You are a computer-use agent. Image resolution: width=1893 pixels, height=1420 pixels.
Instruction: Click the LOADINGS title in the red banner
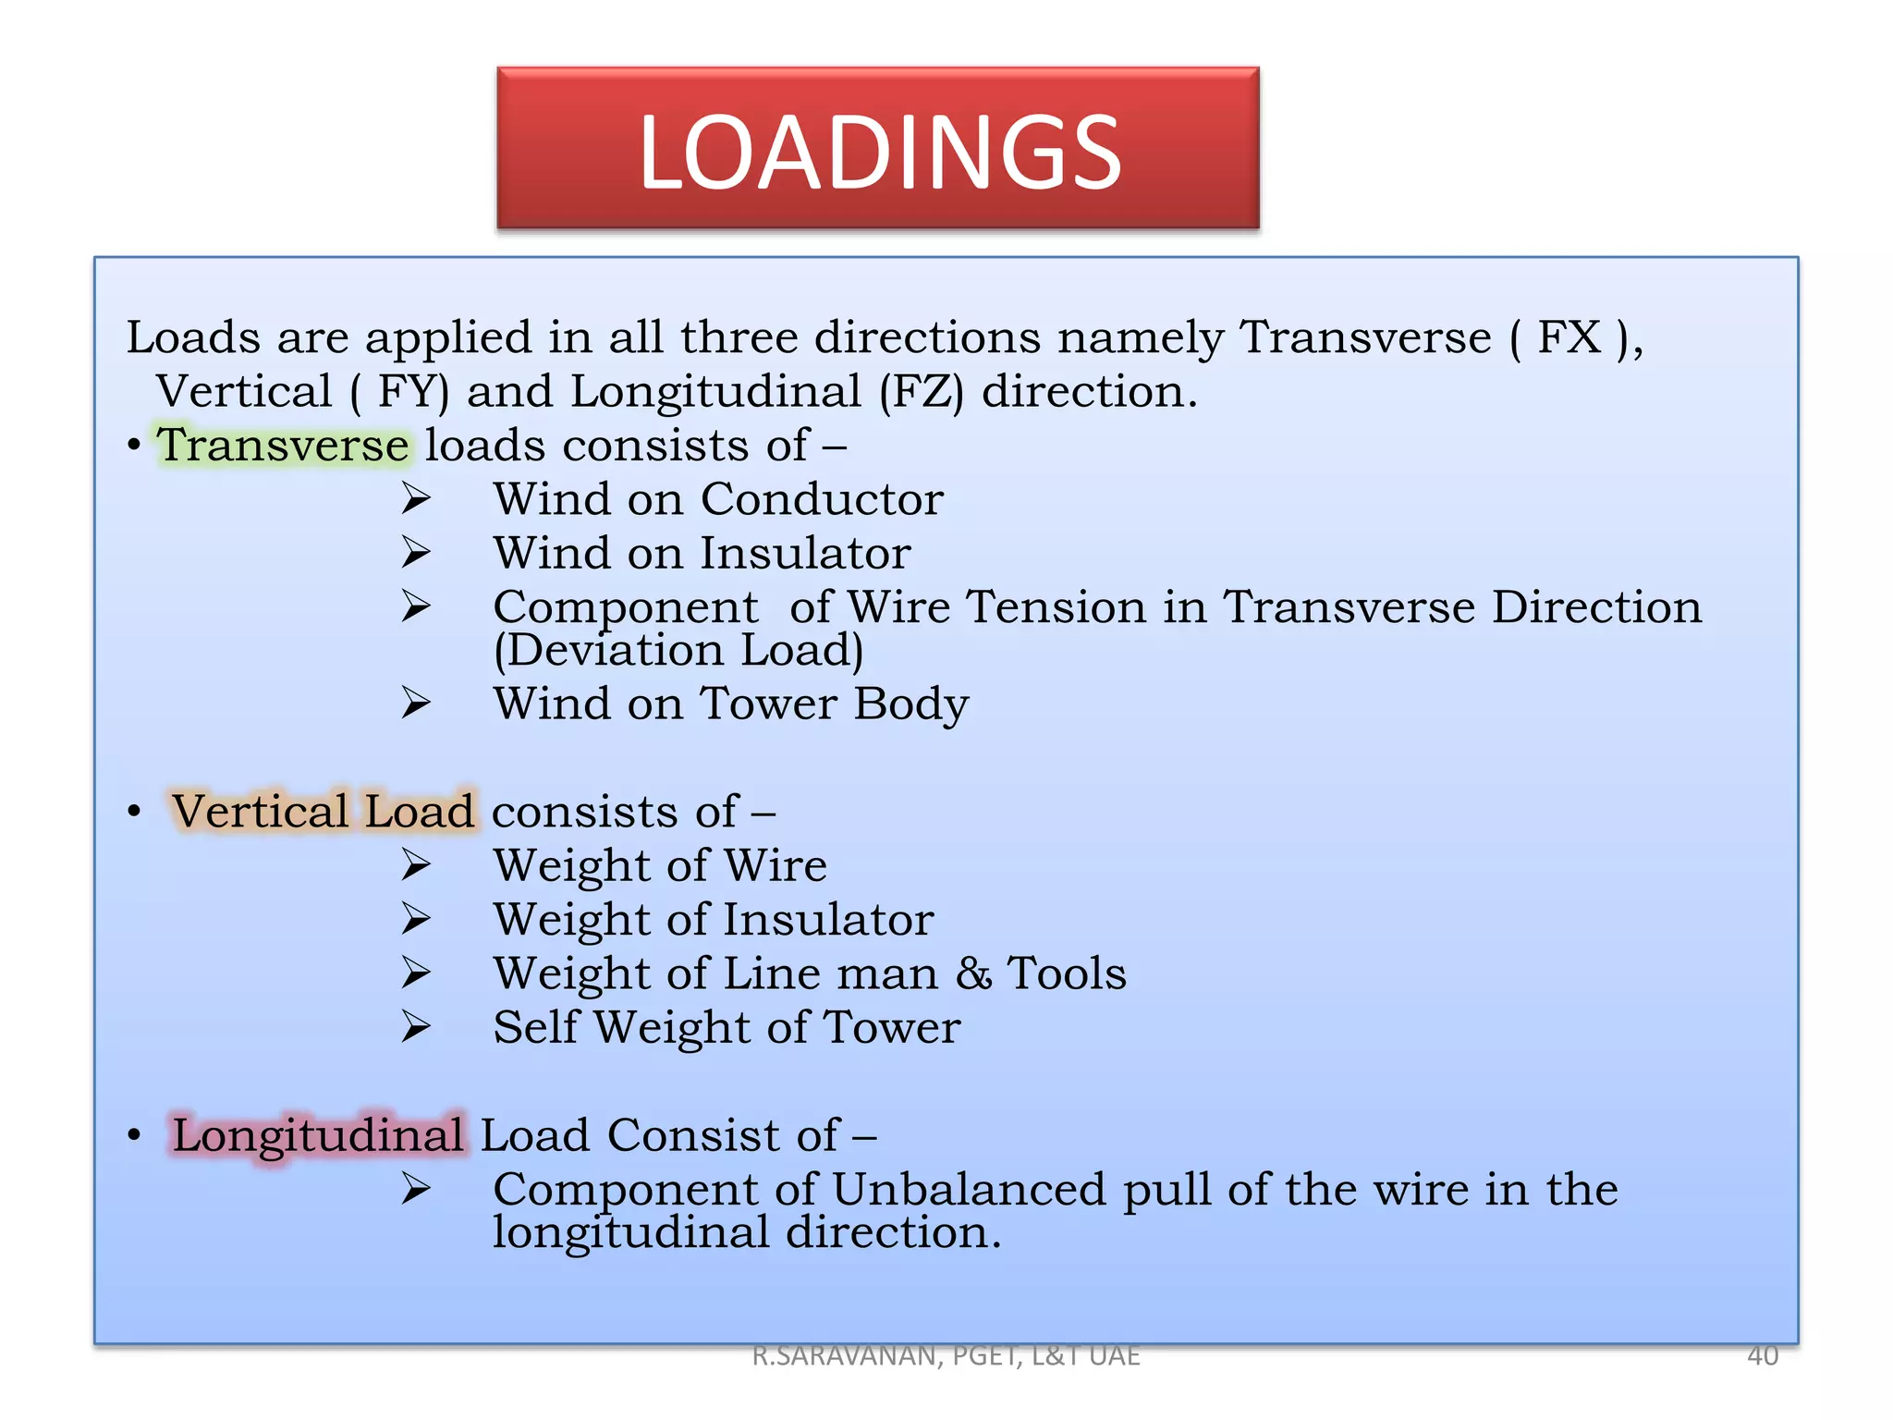879,152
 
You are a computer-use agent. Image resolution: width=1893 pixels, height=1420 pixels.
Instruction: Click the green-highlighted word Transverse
283,445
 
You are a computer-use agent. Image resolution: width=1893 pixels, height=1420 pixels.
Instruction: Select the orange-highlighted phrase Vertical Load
324,811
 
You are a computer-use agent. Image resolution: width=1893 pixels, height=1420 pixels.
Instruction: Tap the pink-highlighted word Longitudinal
318,1134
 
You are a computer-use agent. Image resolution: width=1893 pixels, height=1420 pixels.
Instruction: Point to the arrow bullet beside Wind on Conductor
416,499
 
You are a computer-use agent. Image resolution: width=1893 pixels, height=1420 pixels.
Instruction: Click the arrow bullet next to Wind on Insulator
416,553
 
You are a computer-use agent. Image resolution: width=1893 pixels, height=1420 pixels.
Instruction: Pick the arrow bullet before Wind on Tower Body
416,704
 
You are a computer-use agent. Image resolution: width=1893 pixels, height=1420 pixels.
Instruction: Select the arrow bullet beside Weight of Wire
416,865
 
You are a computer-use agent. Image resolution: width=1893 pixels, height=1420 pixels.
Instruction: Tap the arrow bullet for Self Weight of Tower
416,1027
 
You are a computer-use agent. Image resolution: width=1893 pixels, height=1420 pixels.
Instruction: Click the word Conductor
822,499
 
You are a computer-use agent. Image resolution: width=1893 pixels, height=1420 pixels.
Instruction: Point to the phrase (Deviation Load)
678,650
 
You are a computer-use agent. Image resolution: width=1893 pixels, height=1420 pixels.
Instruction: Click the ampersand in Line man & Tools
973,973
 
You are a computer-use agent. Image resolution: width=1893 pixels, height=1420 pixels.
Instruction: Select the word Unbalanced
969,1189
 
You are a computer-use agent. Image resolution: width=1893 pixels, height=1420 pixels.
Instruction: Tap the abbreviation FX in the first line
1569,337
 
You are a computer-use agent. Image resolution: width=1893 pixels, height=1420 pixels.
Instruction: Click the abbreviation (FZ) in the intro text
921,392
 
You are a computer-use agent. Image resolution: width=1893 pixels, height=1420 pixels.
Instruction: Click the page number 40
1763,1355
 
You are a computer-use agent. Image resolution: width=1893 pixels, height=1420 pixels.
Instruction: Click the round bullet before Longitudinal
135,1134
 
